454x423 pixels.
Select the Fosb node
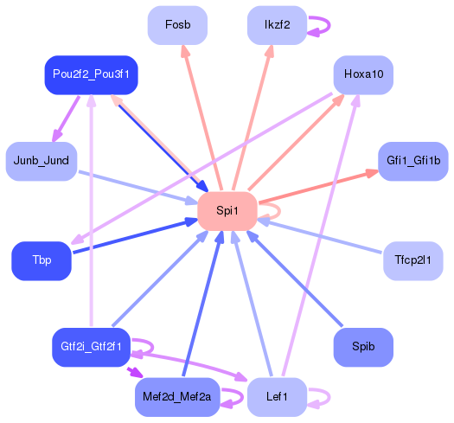tap(177, 25)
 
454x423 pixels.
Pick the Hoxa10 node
tap(363, 74)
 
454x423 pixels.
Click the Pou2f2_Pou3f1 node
tap(91, 74)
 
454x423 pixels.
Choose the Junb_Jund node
tap(42, 161)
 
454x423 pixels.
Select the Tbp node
tap(42, 261)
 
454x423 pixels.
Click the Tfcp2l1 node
tap(413, 260)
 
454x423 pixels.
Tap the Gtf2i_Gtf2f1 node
tap(91, 347)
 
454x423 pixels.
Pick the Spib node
tap(363, 347)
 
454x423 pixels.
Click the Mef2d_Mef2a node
tap(177, 397)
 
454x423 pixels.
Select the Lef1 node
tap(277, 397)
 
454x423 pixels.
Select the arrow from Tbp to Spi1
tap(130, 237)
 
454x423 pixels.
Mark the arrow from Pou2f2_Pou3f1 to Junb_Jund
tap(67, 118)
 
